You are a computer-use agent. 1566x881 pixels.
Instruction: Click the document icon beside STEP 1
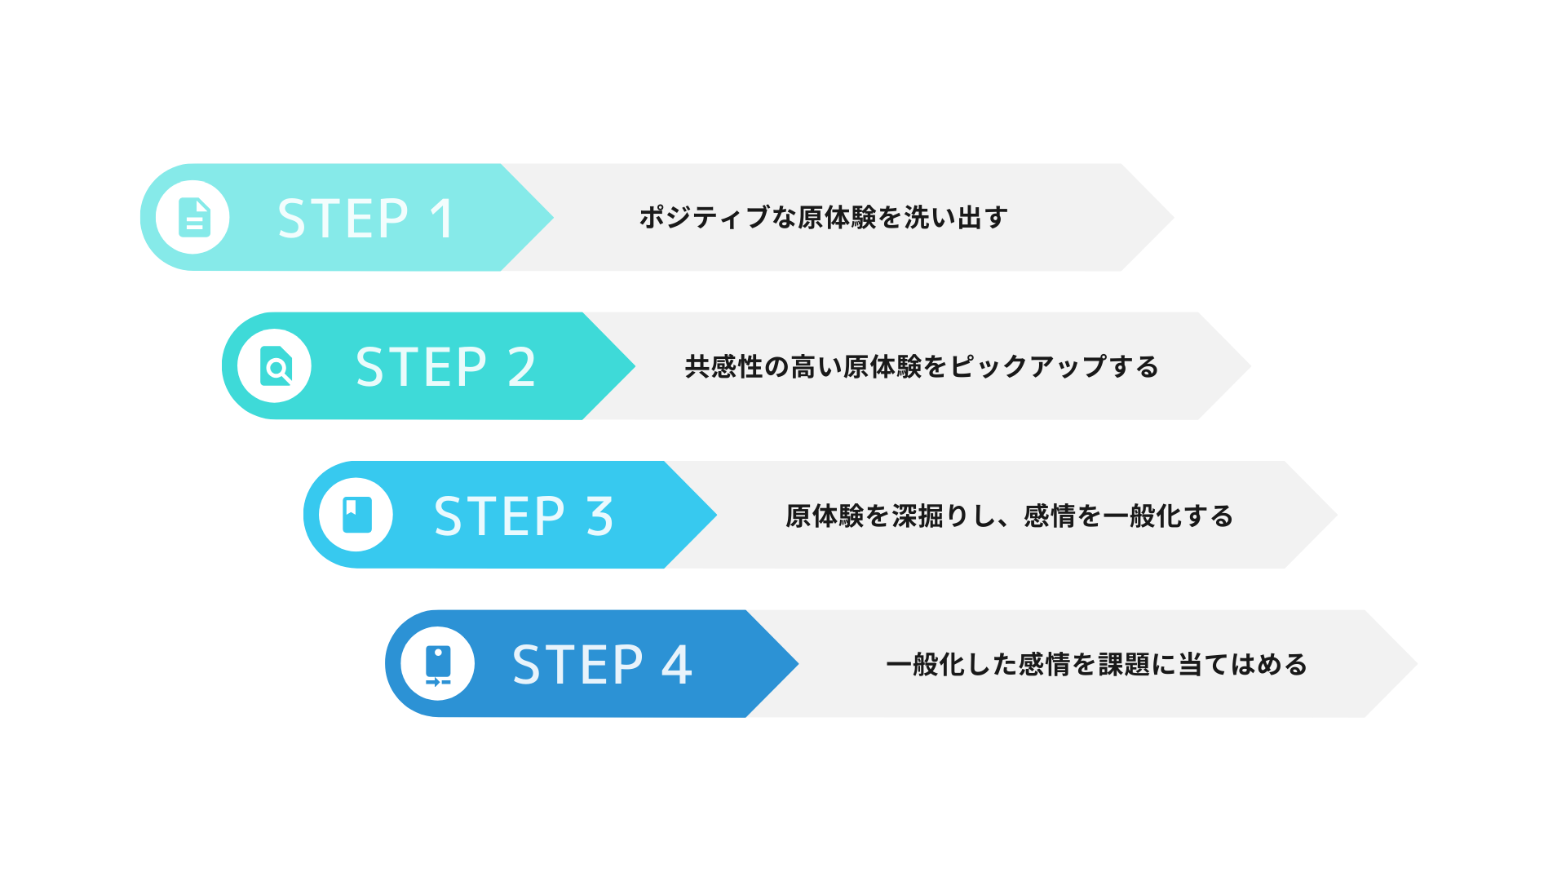point(194,218)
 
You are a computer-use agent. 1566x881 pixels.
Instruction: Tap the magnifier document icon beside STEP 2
point(276,366)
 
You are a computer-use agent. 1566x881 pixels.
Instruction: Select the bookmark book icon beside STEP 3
point(356,515)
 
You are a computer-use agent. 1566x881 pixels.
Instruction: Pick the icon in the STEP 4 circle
point(438,664)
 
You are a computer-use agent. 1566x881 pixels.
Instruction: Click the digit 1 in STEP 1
point(442,219)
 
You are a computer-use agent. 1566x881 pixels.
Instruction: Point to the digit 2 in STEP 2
point(522,367)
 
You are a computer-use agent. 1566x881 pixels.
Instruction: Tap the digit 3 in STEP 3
point(600,516)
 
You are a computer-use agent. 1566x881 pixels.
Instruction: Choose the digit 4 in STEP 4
point(677,665)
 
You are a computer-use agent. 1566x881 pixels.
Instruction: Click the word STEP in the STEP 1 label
point(343,219)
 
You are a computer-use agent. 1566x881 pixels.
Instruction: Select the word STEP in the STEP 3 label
point(499,516)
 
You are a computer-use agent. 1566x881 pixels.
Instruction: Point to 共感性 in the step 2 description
point(723,367)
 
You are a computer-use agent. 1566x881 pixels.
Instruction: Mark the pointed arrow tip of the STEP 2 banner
point(633,366)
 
